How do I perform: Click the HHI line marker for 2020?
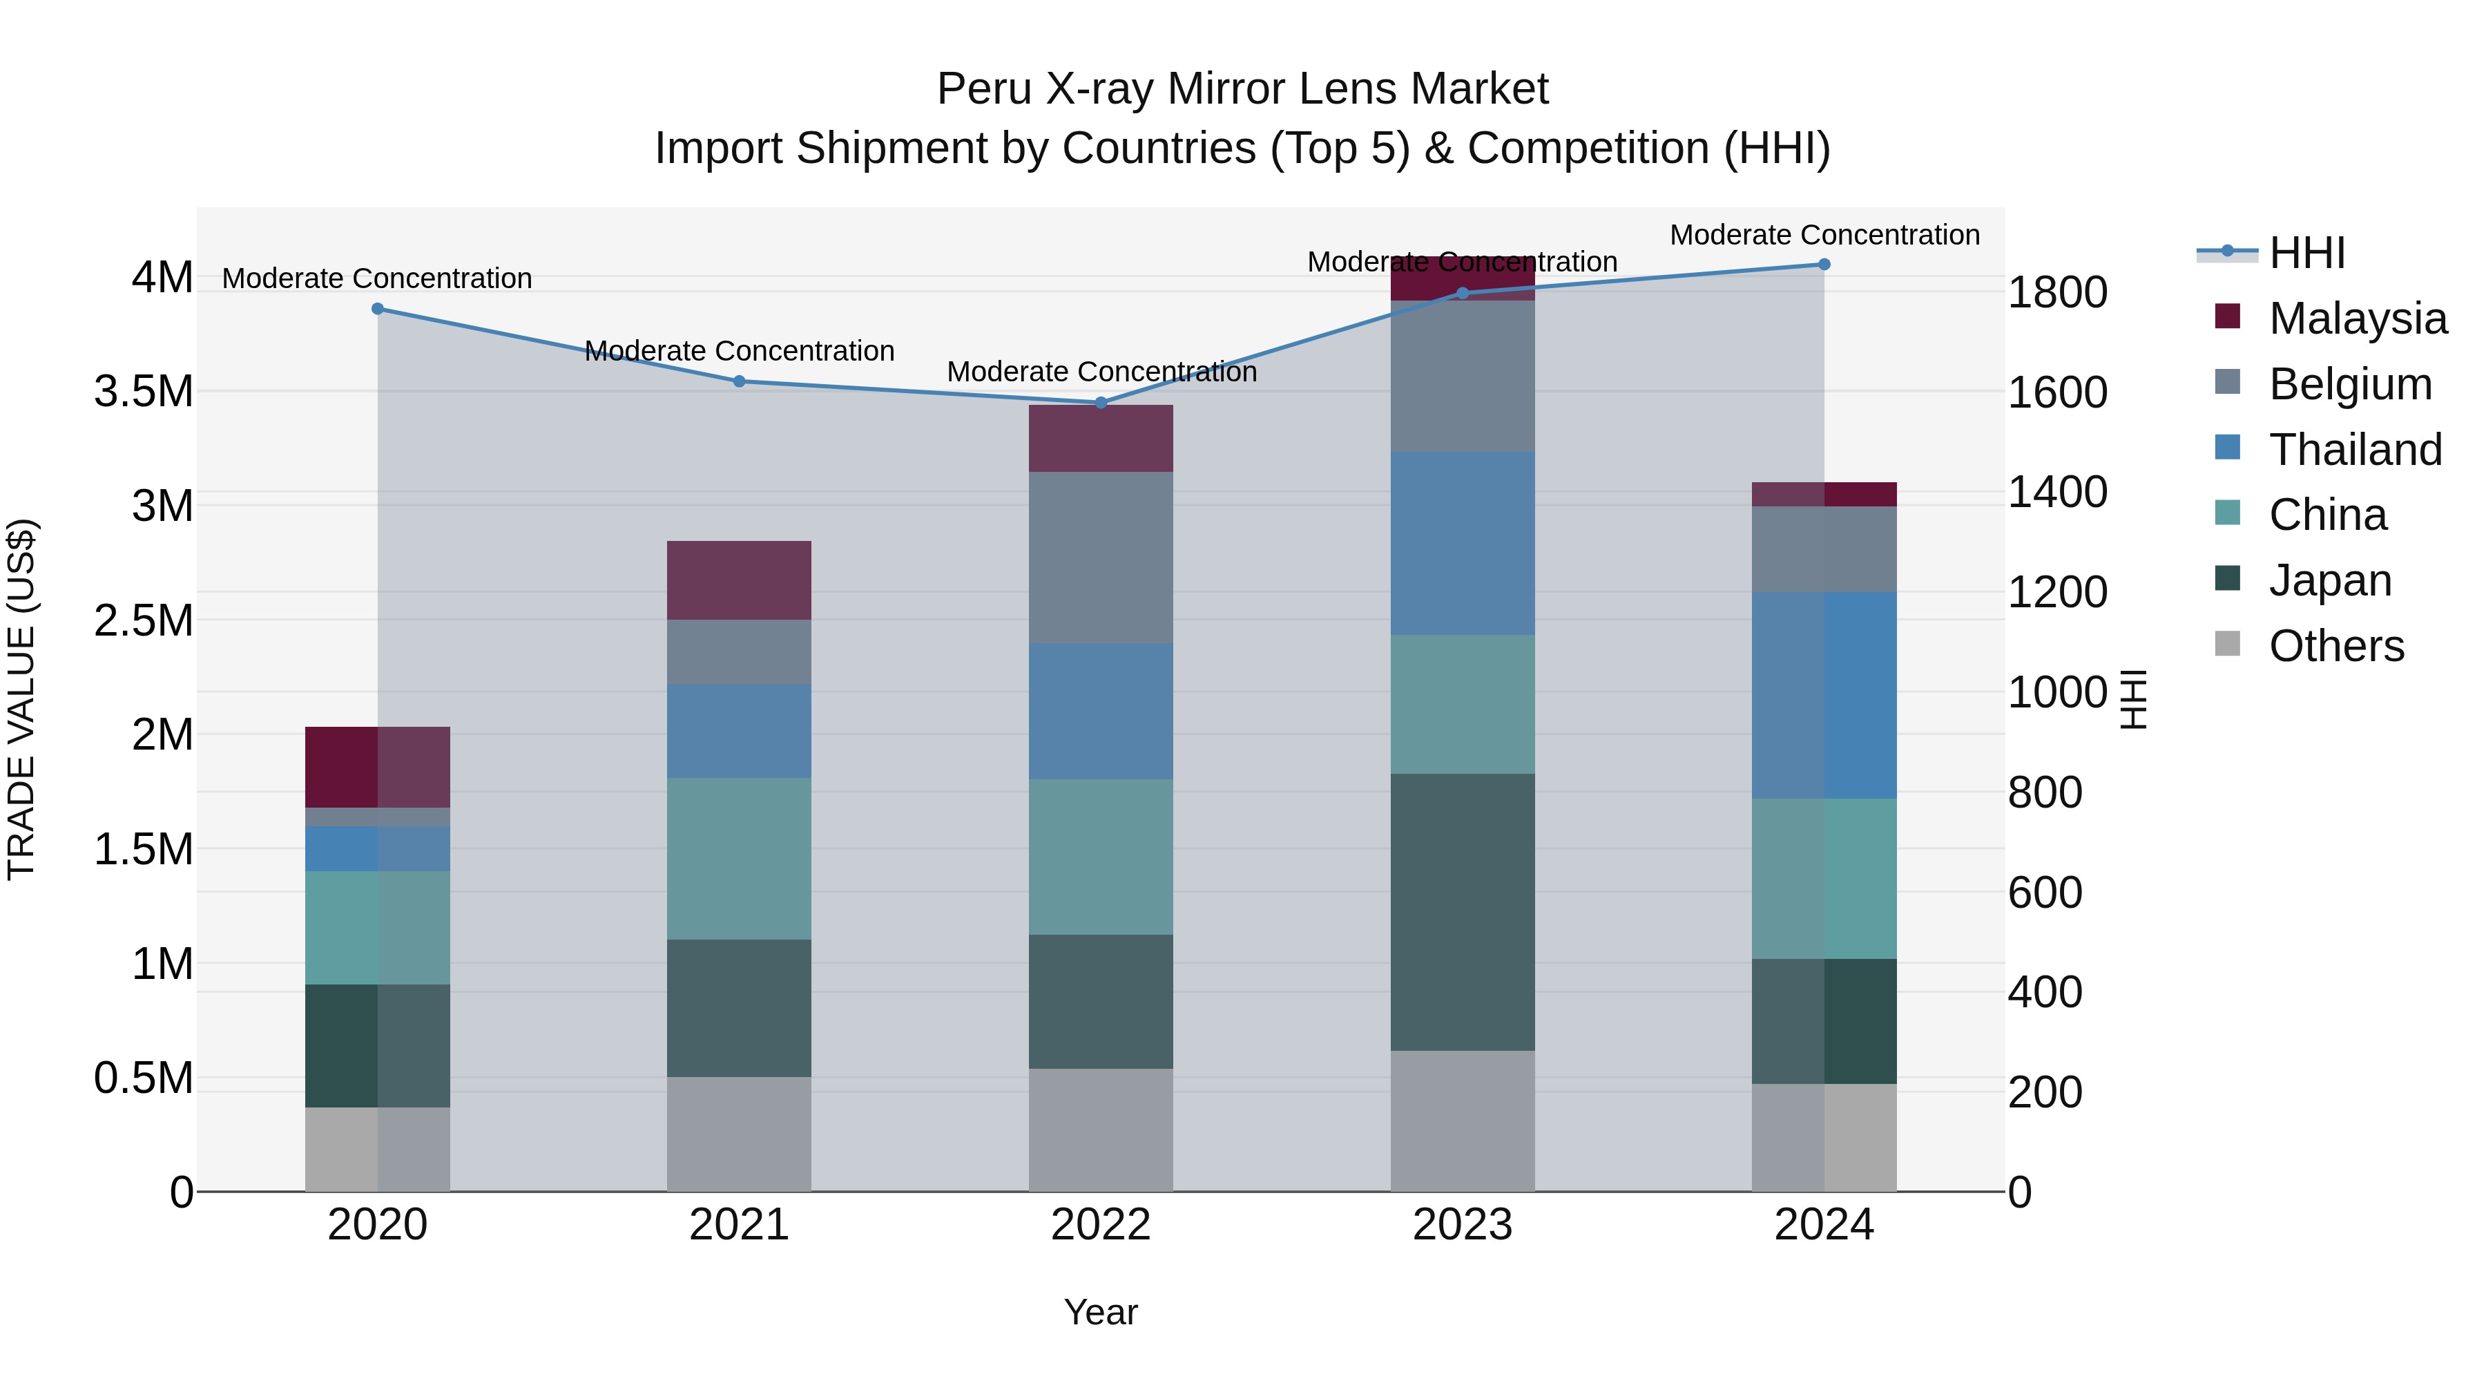(377, 309)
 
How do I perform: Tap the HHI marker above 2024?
(1824, 265)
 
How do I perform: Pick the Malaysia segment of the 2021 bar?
(739, 580)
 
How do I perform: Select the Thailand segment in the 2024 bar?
(1824, 695)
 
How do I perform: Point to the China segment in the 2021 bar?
(739, 858)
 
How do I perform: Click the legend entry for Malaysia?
(2357, 318)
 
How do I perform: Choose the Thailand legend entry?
(2355, 450)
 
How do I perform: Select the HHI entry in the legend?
(2306, 253)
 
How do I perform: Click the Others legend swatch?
(2227, 644)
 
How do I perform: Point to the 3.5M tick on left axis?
(144, 392)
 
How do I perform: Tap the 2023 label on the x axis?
(1462, 1225)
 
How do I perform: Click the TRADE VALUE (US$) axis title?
(21, 699)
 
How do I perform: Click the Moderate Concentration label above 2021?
(739, 350)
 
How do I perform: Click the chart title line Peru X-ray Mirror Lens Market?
(1242, 89)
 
